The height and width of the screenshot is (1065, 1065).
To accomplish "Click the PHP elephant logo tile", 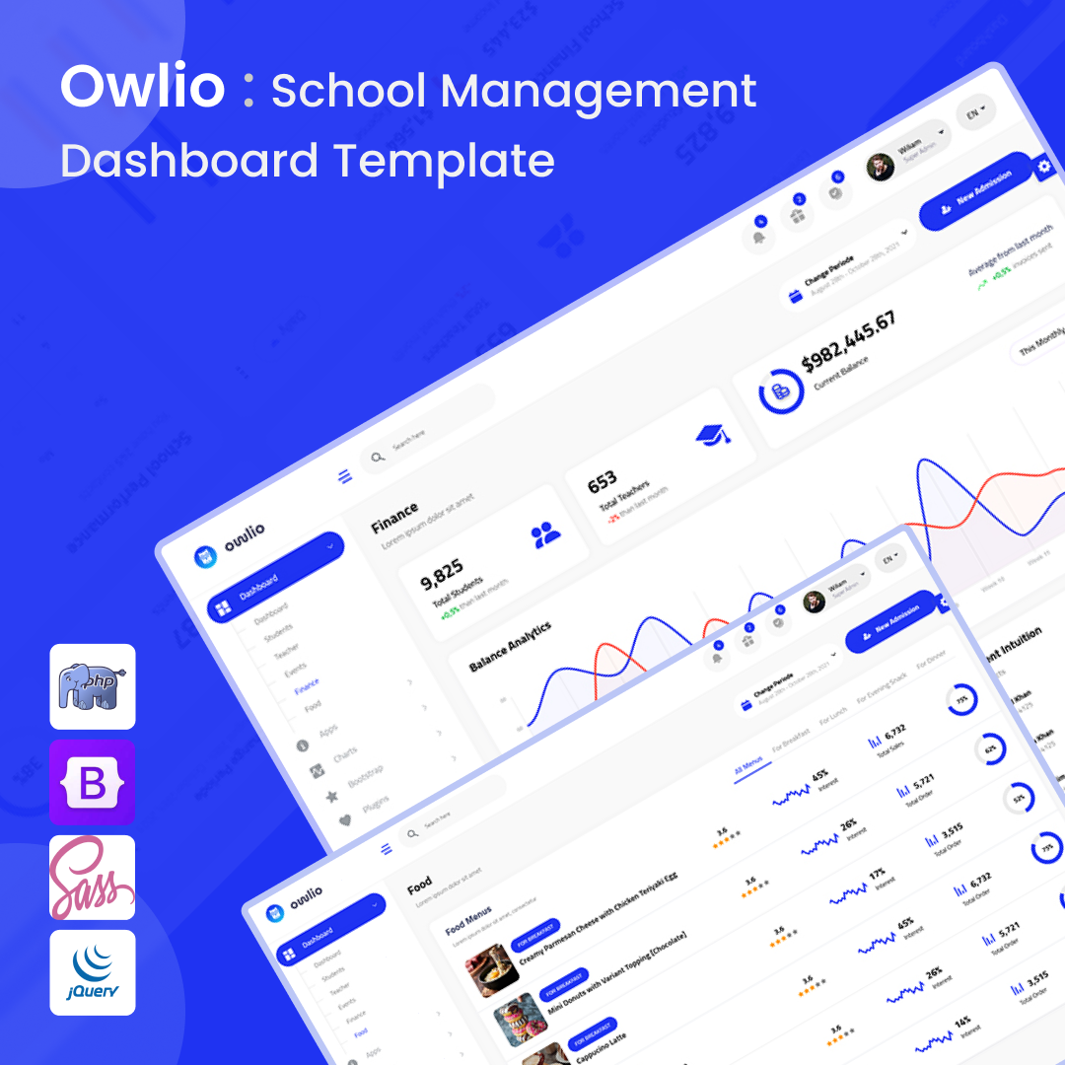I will [92, 686].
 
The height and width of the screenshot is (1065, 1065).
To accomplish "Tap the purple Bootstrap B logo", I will [92, 782].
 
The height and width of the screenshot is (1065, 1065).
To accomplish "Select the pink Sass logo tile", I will [92, 877].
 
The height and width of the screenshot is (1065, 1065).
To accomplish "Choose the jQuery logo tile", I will [92, 971].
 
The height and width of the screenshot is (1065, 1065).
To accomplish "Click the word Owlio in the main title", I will [143, 87].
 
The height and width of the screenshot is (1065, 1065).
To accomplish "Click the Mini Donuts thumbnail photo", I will [519, 1018].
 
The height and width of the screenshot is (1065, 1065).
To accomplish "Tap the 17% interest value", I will [877, 875].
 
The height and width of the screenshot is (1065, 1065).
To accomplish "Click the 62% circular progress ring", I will [989, 749].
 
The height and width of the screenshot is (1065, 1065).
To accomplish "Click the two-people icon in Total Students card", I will [545, 535].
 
